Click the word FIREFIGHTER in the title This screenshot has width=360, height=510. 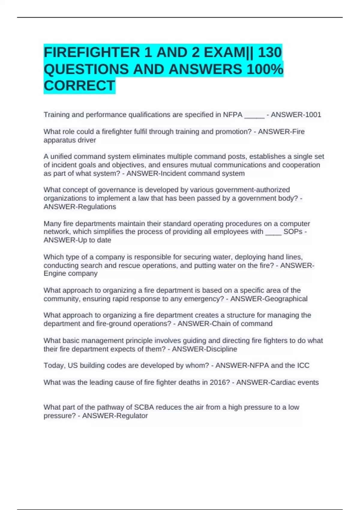(x=92, y=53)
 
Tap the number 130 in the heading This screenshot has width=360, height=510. (x=270, y=53)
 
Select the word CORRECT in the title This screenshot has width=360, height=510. (x=79, y=86)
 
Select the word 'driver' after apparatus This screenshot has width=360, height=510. (x=86, y=140)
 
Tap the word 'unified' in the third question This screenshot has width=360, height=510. (x=60, y=157)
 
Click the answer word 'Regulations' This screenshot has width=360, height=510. (x=97, y=207)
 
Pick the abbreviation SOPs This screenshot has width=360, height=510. (x=293, y=232)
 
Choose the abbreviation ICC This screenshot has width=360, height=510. (x=303, y=365)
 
